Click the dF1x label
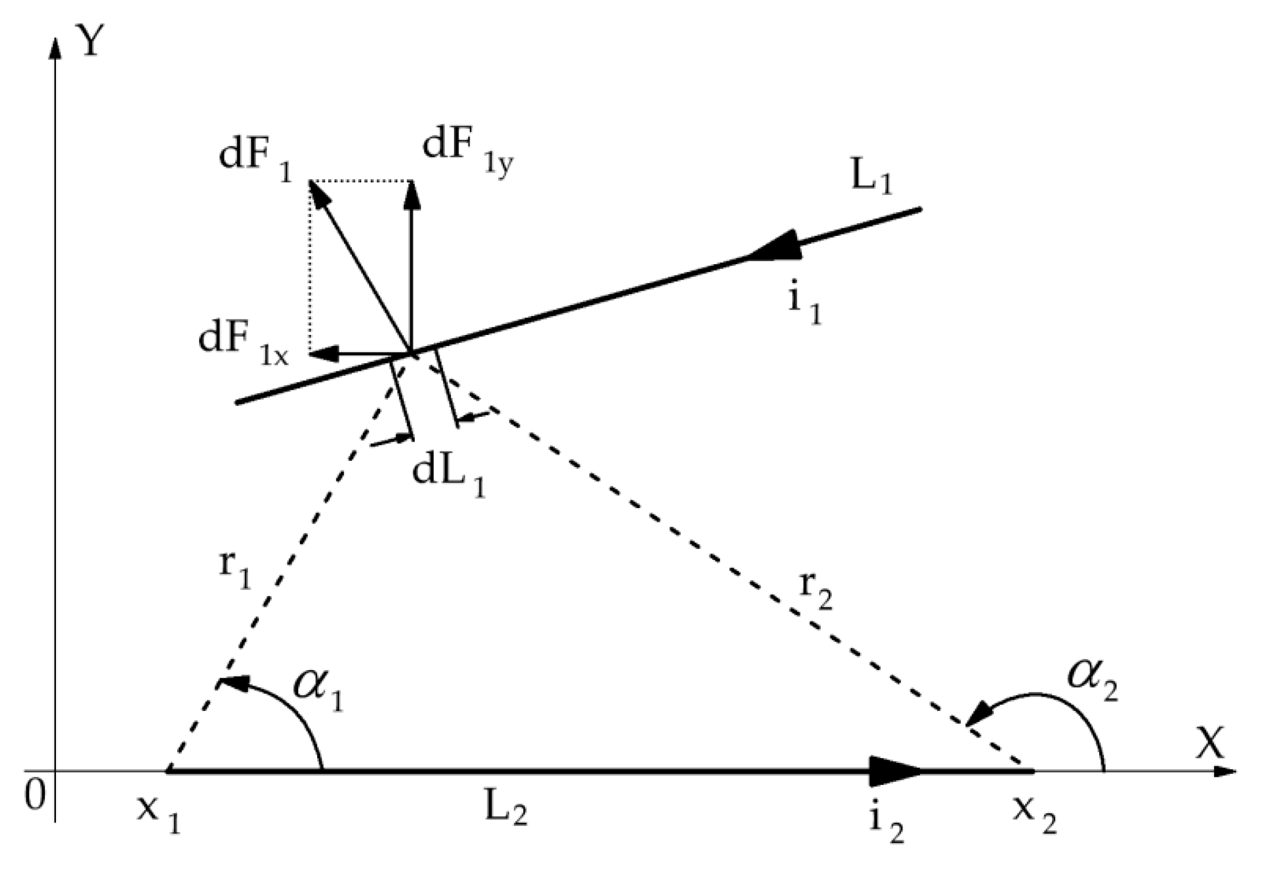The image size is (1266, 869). click(x=242, y=344)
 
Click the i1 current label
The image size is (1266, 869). click(x=805, y=306)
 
